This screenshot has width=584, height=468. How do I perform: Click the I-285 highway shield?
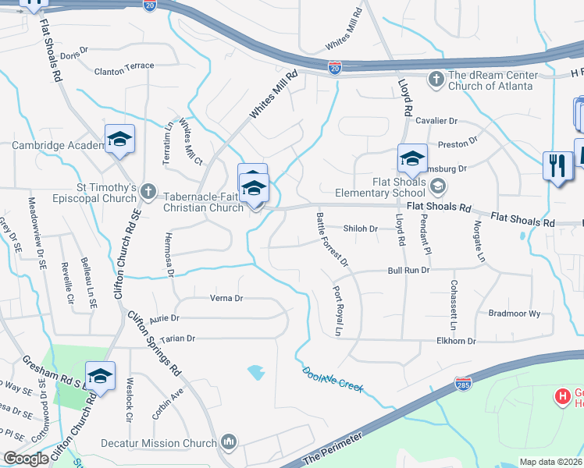(463, 384)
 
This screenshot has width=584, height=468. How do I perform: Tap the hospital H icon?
(561, 397)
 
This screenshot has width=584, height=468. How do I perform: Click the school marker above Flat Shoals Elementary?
(412, 161)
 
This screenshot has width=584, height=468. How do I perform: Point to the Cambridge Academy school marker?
(119, 140)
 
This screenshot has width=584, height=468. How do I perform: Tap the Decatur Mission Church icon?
(228, 442)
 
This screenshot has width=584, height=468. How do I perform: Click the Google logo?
(25, 459)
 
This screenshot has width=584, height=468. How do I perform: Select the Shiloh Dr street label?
(361, 229)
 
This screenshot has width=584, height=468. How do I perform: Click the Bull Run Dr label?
(408, 270)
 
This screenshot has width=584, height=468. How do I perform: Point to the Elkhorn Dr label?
(457, 341)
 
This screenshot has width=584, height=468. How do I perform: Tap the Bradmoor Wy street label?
(514, 313)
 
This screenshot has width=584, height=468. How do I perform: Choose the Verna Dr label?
(226, 298)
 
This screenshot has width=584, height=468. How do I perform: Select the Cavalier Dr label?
(436, 121)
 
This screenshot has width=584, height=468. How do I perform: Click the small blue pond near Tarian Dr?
(255, 372)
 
